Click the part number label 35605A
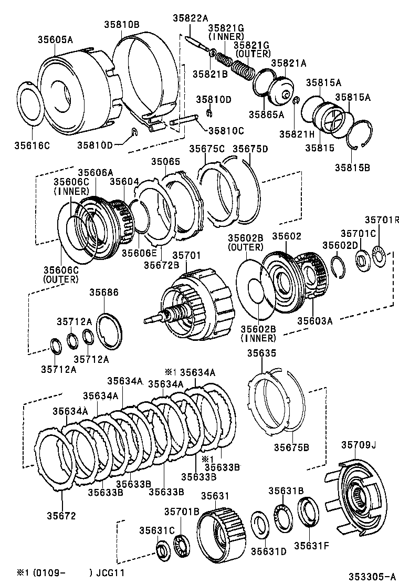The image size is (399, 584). [x=55, y=39]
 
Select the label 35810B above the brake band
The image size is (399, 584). [x=121, y=24]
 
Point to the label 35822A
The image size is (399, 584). [x=191, y=17]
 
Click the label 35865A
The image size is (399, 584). [x=266, y=113]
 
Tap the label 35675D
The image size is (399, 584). [x=250, y=149]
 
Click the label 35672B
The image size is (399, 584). [x=162, y=266]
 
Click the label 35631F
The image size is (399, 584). [x=311, y=545]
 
